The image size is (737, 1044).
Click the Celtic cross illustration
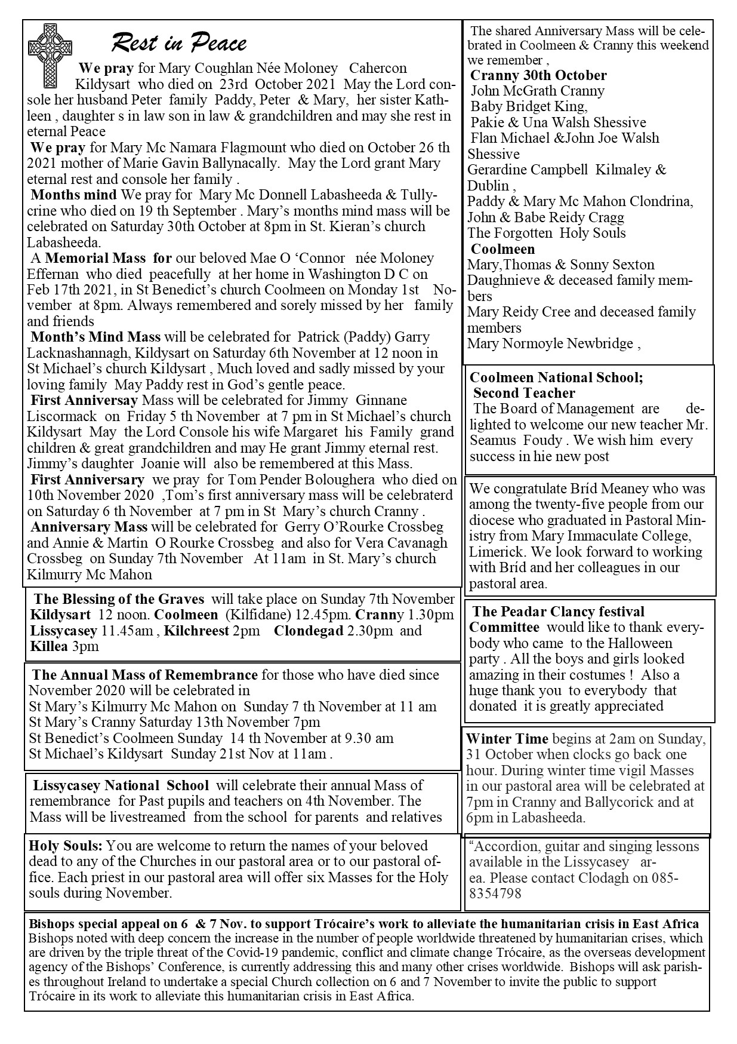pyautogui.click(x=50, y=56)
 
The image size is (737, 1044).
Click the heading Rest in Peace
pyautogui.click(x=178, y=43)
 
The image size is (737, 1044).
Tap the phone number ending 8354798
pyautogui.click(x=495, y=894)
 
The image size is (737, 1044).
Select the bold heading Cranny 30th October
pyautogui.click(x=538, y=75)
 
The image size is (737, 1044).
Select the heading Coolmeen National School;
pyautogui.click(x=556, y=377)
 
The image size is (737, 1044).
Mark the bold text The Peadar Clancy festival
pyautogui.click(x=558, y=612)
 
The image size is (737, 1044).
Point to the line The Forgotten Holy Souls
pyautogui.click(x=547, y=233)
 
